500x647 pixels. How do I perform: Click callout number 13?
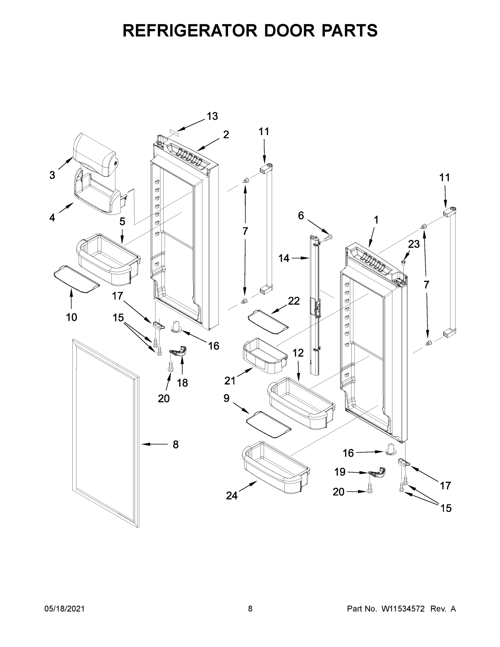click(212, 116)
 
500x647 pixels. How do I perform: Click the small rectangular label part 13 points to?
click(174, 132)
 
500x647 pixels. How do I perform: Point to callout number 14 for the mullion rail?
click(284, 258)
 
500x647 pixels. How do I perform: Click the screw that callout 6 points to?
click(328, 237)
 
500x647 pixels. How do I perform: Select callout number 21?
click(230, 381)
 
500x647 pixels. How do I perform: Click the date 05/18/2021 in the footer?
click(64, 609)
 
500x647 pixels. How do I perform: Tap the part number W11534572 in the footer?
click(403, 609)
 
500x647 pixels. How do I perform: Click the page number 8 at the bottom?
click(250, 609)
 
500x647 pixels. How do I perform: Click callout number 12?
click(298, 353)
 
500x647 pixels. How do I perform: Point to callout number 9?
click(226, 398)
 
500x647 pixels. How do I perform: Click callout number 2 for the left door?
click(226, 135)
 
